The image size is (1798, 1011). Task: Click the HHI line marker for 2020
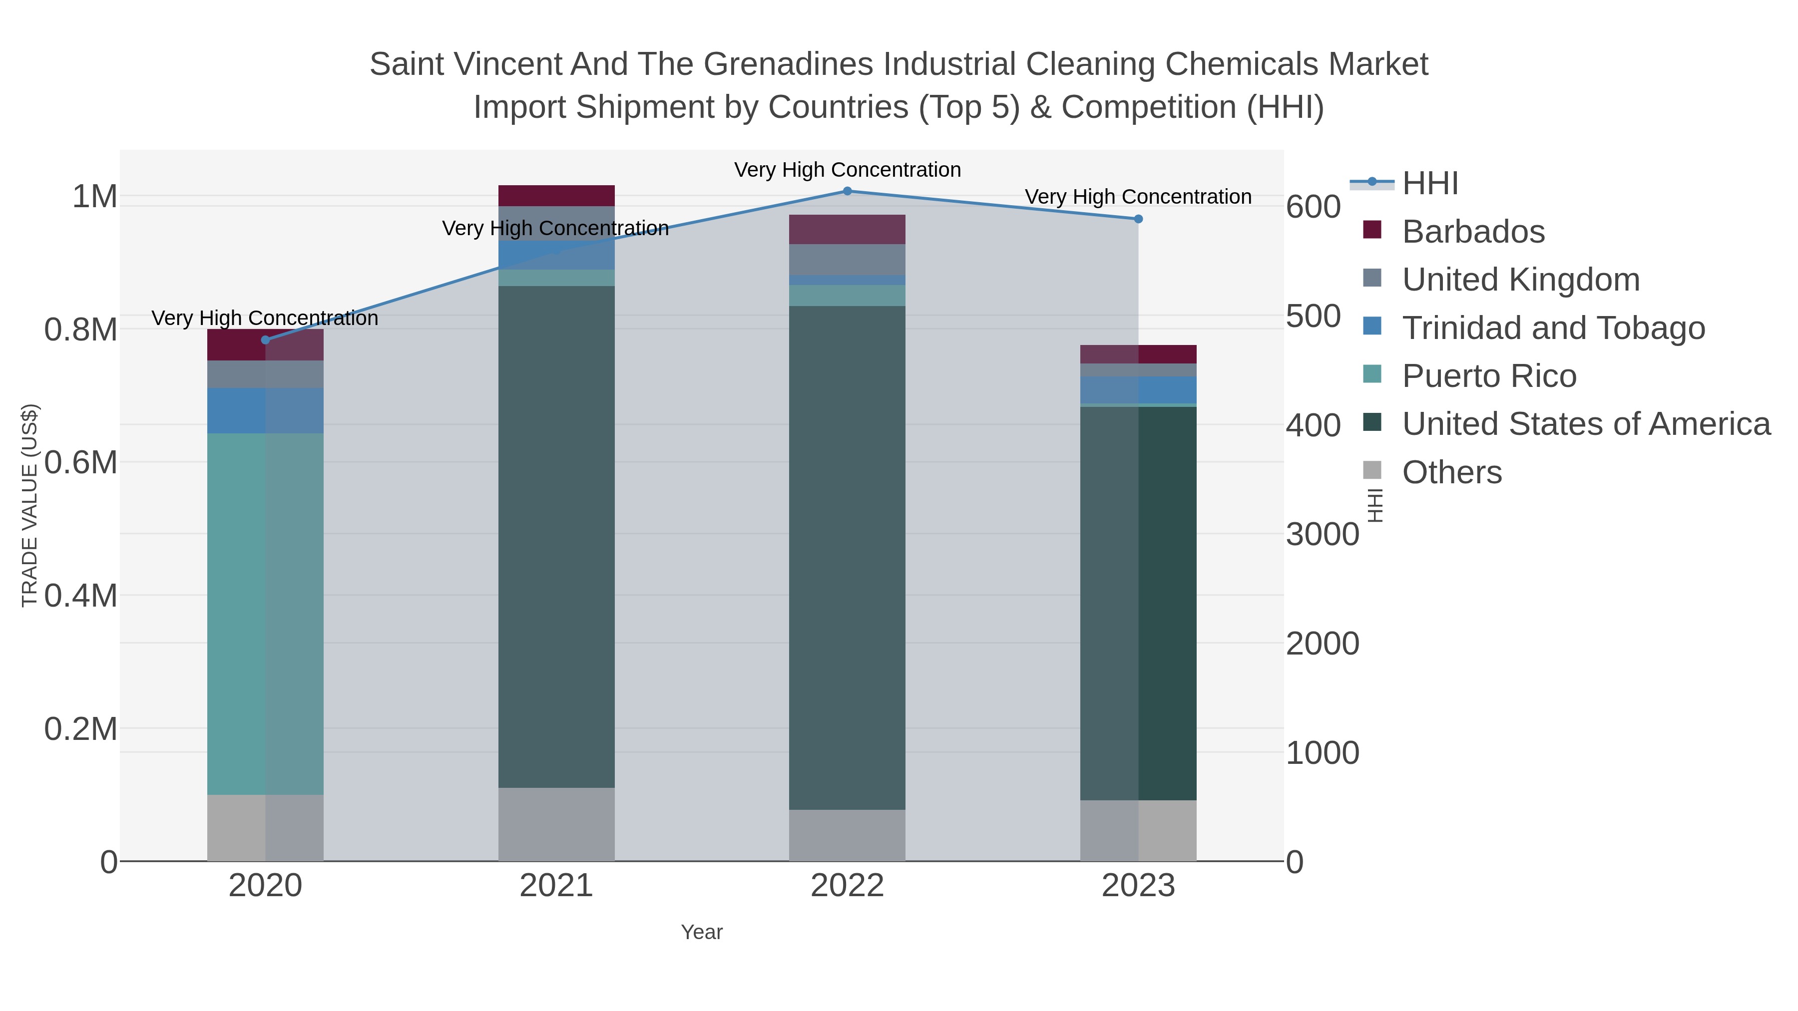265,340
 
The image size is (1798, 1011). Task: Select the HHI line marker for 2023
1138,219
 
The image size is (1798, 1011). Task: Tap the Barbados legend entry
1473,232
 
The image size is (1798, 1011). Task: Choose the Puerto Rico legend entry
1489,376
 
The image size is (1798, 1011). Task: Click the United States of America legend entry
1586,424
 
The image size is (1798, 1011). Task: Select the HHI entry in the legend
1429,184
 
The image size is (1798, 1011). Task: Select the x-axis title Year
702,932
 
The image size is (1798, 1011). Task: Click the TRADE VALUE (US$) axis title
30,505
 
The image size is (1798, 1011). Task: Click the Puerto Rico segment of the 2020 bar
265,614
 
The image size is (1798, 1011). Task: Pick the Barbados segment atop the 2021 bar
556,195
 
